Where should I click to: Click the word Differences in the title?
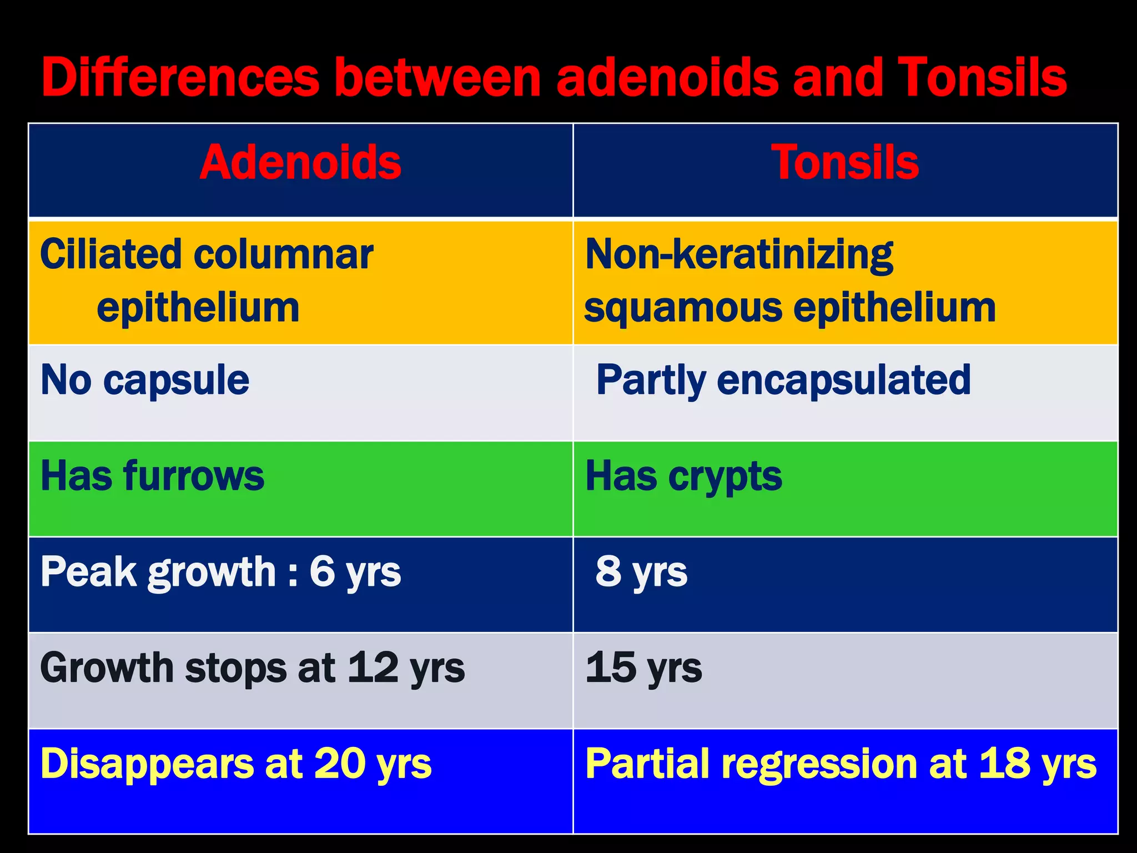(x=180, y=78)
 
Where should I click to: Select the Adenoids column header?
(x=300, y=162)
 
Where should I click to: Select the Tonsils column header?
(x=845, y=162)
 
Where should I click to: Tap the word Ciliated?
(x=110, y=254)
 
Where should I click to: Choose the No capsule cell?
(x=145, y=380)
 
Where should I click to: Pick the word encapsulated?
(x=844, y=380)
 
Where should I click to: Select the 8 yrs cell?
(x=641, y=572)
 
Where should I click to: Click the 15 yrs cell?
(x=643, y=668)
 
